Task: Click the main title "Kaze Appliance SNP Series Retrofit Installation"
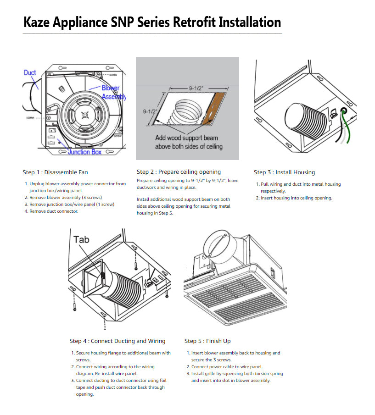point(152,22)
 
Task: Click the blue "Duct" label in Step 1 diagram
point(30,72)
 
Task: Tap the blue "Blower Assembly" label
point(112,92)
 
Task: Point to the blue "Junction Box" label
point(85,152)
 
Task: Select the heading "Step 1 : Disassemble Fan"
point(55,172)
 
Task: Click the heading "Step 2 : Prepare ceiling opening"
point(179,172)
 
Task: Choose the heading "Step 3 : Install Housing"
point(284,172)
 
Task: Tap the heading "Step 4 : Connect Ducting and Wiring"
point(118,341)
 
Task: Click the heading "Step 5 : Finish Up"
point(207,341)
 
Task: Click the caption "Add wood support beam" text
point(186,138)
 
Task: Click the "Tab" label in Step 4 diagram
point(81,239)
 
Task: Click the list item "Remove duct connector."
point(54,211)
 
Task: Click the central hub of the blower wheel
point(84,116)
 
